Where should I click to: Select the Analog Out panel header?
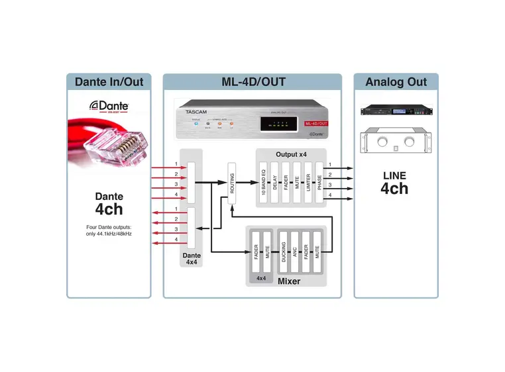coord(396,82)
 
